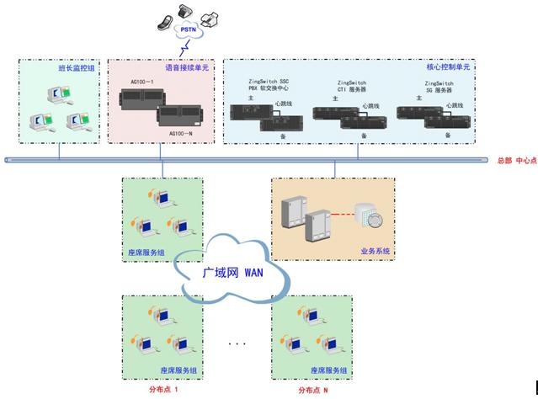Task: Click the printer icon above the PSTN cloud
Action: (x=213, y=15)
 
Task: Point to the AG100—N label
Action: (x=182, y=133)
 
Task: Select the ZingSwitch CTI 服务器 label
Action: (x=347, y=88)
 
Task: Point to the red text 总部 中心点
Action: (x=516, y=159)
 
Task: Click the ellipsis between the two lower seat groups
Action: (x=237, y=343)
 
